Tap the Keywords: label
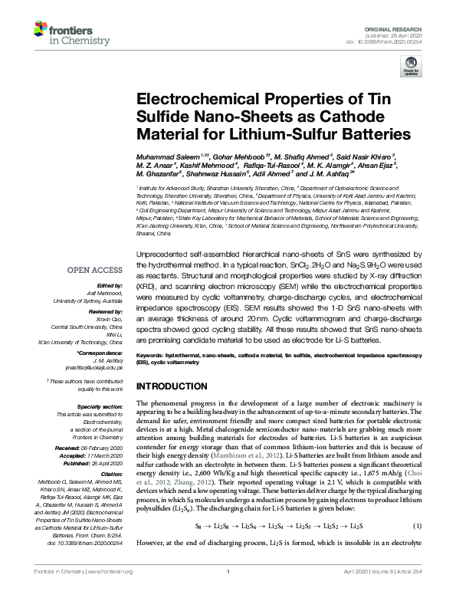pos(153,356)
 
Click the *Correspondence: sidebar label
pos(100,353)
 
